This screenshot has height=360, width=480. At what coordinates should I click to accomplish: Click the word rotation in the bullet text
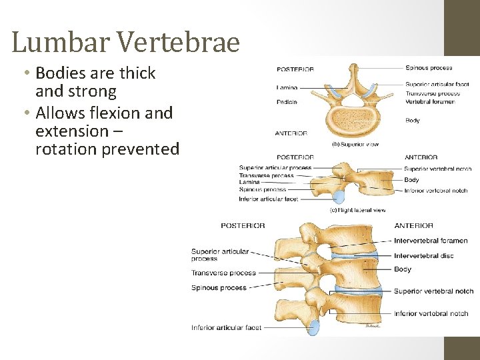pyautogui.click(x=66, y=149)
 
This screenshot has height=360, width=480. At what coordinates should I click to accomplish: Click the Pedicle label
pyautogui.click(x=286, y=102)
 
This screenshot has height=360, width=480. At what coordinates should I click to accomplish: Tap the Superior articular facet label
pyautogui.click(x=437, y=85)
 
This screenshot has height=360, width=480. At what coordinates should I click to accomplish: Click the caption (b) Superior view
pyautogui.click(x=355, y=145)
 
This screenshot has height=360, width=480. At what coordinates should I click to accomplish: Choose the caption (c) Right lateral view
pyautogui.click(x=357, y=210)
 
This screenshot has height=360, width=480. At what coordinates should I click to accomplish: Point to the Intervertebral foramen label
pyautogui.click(x=431, y=241)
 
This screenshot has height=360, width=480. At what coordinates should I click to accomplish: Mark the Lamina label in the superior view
pyautogui.click(x=287, y=87)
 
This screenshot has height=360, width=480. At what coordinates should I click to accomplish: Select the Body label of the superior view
pyautogui.click(x=412, y=121)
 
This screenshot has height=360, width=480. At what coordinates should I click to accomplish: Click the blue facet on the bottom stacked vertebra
pyautogui.click(x=313, y=327)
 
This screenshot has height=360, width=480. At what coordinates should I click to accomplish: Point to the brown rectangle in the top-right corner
pyautogui.click(x=462, y=27)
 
